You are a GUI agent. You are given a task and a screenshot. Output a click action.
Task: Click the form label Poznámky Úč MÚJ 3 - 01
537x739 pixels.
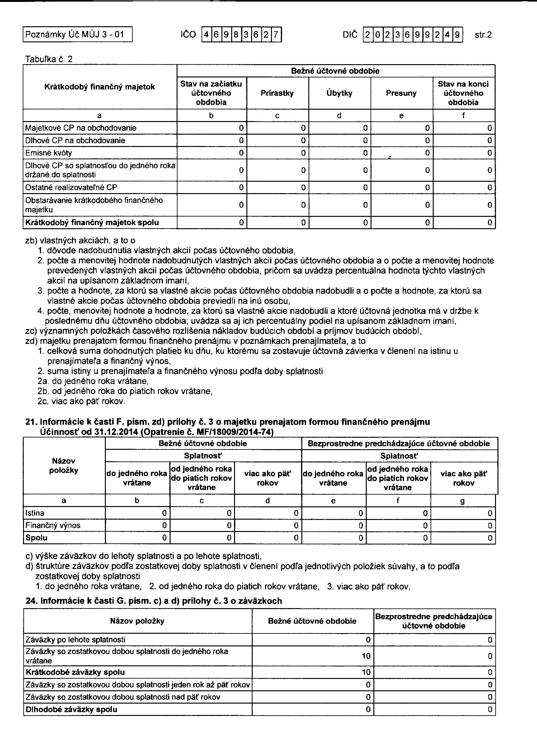pyautogui.click(x=75, y=34)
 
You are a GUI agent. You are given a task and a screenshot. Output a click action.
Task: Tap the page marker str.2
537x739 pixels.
pyautogui.click(x=483, y=35)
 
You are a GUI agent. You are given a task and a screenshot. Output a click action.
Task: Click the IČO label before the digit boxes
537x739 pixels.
pyautogui.click(x=188, y=34)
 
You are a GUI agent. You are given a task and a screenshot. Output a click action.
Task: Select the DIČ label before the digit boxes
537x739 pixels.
pyautogui.click(x=350, y=34)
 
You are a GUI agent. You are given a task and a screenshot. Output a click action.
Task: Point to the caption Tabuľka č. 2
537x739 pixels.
pyautogui.click(x=49, y=59)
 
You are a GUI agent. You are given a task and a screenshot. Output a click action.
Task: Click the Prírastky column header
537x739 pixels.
pyautogui.click(x=277, y=93)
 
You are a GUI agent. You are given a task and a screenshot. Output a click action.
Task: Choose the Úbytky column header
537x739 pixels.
pyautogui.click(x=339, y=93)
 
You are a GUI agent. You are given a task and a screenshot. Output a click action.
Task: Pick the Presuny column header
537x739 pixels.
pyautogui.click(x=401, y=93)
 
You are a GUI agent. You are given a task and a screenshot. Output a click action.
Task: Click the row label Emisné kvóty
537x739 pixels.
pyautogui.click(x=49, y=153)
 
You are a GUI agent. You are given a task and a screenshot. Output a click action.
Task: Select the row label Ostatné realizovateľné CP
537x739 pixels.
pyautogui.click(x=71, y=187)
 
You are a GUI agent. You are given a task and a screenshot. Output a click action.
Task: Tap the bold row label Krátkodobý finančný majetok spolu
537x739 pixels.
pyautogui.click(x=92, y=223)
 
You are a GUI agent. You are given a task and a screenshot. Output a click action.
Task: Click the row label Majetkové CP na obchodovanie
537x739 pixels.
pyautogui.click(x=81, y=128)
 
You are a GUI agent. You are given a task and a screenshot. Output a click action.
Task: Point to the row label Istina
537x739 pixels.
pyautogui.click(x=35, y=513)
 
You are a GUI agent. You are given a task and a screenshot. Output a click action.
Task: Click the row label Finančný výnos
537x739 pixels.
pyautogui.click(x=53, y=525)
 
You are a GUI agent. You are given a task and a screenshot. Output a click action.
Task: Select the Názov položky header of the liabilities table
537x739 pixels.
pyautogui.click(x=137, y=621)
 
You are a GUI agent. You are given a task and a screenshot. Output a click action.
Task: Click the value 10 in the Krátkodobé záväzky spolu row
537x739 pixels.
pyautogui.click(x=366, y=672)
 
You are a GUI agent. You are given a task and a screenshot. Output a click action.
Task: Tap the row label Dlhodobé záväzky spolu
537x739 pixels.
pyautogui.click(x=71, y=709)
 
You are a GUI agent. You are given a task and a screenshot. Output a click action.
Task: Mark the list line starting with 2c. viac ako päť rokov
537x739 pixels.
pyautogui.click(x=81, y=401)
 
